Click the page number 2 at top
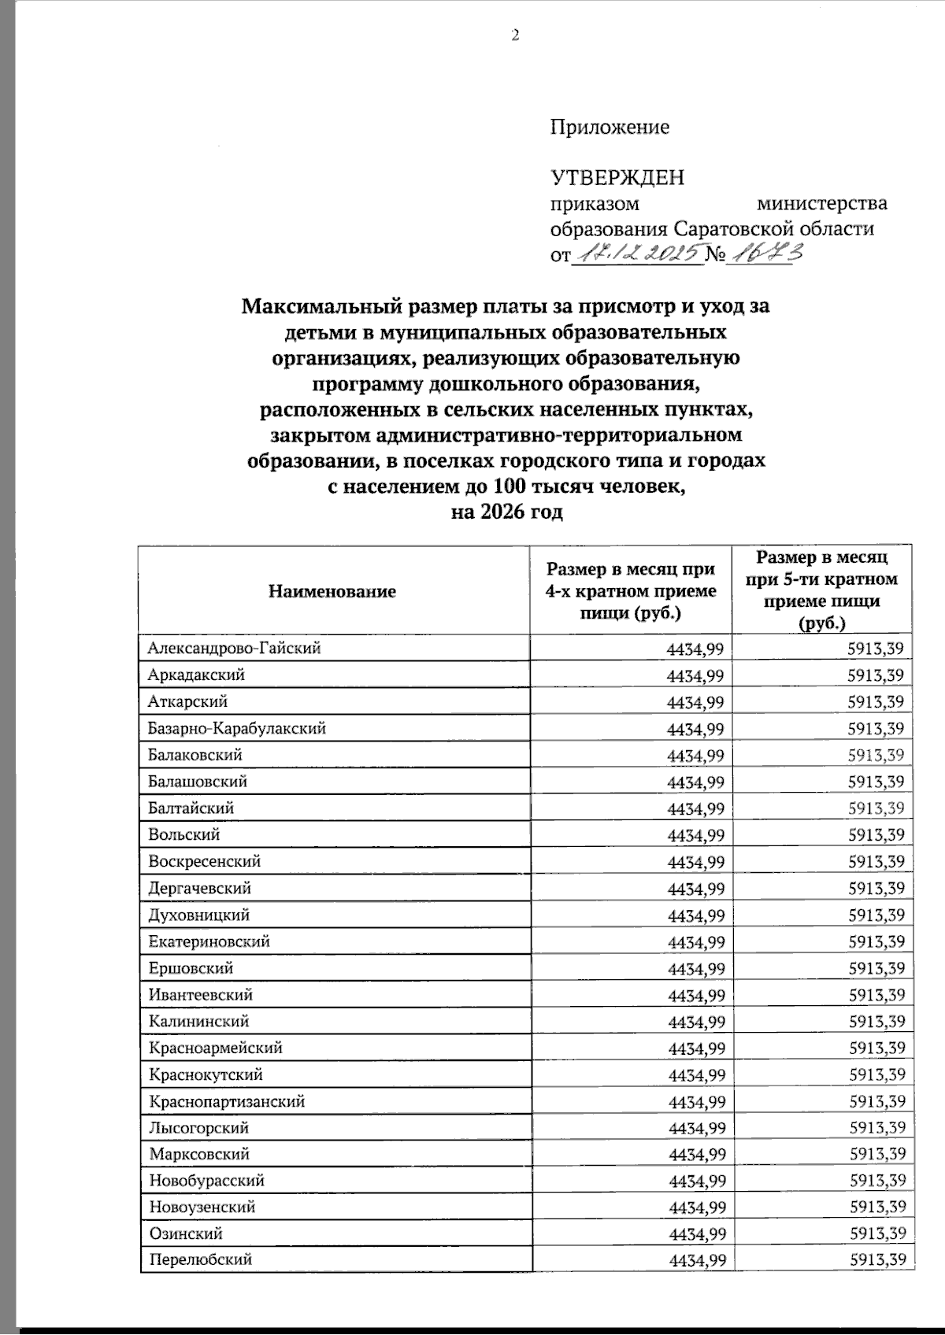(516, 35)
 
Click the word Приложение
(610, 127)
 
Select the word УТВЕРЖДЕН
(617, 177)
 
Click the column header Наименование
(332, 591)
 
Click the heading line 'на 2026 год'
(506, 512)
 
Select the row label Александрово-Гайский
(234, 649)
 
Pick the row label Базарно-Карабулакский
(237, 729)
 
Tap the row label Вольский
(183, 835)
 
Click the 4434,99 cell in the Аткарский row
(695, 702)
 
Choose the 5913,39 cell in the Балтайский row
(876, 808)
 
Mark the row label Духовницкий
(198, 915)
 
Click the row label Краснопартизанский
(226, 1102)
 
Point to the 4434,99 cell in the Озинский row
(696, 1234)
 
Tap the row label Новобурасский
(206, 1181)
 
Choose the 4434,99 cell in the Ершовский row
(695, 969)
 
